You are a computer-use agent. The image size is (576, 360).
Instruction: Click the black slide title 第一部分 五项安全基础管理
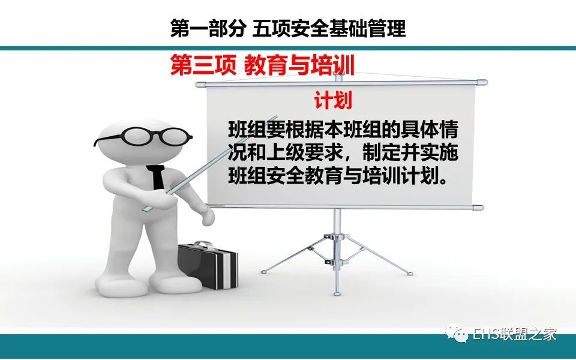pyautogui.click(x=288, y=28)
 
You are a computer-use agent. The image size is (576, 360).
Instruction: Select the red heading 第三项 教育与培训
pyautogui.click(x=262, y=65)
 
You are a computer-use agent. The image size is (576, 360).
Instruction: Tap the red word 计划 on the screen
pyautogui.click(x=333, y=100)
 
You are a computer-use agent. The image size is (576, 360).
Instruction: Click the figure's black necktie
pyautogui.click(x=157, y=177)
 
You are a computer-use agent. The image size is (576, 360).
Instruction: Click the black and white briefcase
pyautogui.click(x=208, y=265)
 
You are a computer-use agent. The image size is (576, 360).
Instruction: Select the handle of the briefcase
pyautogui.click(x=203, y=245)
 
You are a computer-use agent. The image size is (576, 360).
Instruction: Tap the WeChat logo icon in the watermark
pyautogui.click(x=457, y=335)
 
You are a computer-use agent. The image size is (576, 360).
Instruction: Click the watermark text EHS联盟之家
pyautogui.click(x=514, y=334)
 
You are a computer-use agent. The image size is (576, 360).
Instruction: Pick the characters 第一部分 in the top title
pyautogui.click(x=208, y=28)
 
